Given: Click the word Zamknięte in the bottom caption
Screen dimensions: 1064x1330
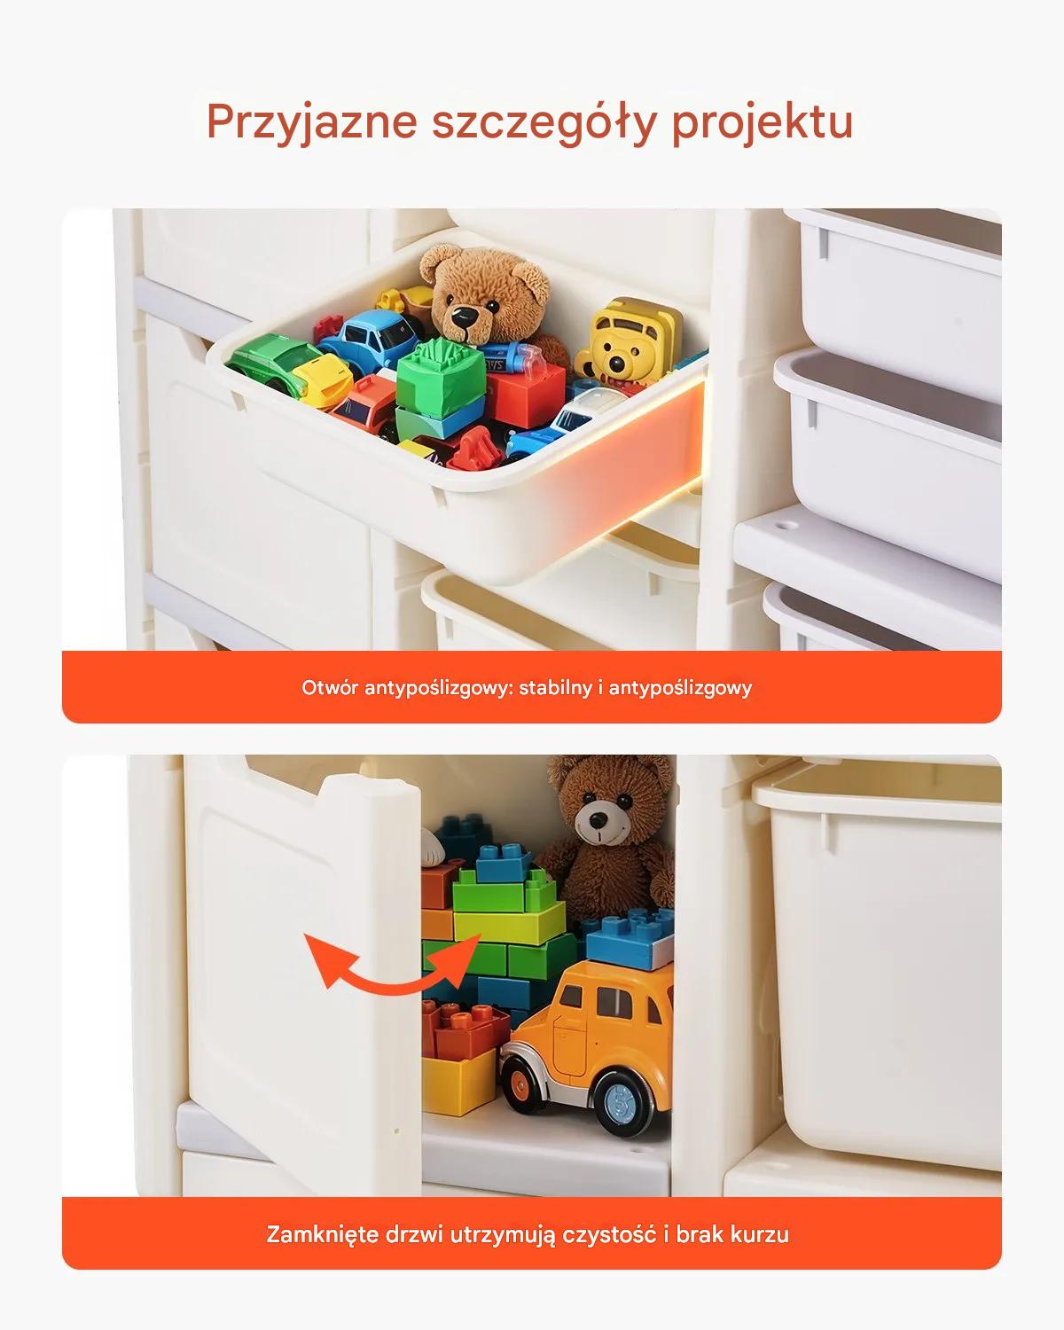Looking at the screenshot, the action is tap(322, 1234).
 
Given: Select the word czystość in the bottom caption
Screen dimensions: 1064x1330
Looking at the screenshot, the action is tap(609, 1235).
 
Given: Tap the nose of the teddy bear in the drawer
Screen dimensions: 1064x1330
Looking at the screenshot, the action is tap(462, 317).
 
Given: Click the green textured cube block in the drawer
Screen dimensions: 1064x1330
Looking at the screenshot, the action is tap(440, 377).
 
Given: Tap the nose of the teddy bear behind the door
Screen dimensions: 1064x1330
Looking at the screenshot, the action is tap(598, 820).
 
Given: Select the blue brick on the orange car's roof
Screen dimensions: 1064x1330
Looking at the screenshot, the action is tap(630, 938).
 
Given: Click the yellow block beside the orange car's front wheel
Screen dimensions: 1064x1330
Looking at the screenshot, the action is tap(458, 1082).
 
